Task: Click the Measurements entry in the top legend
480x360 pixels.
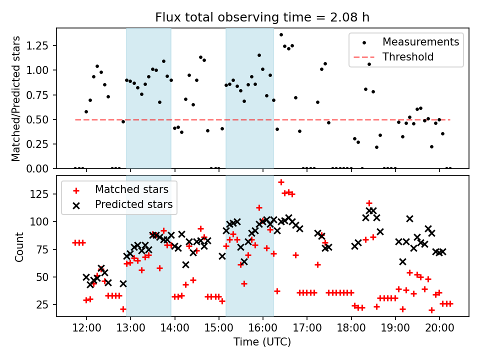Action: (420, 41)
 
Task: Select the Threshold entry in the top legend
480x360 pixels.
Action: (408, 57)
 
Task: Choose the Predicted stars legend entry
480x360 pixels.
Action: (133, 204)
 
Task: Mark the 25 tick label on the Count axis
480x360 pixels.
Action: (45, 304)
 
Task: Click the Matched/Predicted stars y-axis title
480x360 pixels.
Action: (16, 98)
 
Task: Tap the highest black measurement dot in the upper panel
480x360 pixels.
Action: (281, 34)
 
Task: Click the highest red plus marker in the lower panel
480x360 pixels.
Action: (281, 182)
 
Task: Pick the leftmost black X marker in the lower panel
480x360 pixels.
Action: (86, 277)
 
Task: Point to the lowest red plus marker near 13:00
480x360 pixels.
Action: (123, 309)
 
